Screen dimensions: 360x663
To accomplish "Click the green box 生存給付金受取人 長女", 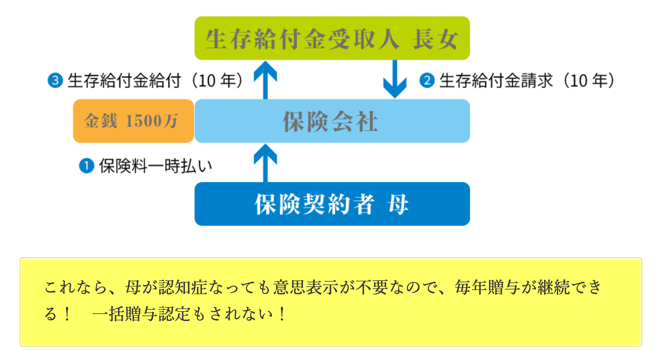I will point(332,38).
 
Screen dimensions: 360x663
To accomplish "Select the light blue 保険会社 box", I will point(332,121).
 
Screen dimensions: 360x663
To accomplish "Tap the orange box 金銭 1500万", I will point(134,121).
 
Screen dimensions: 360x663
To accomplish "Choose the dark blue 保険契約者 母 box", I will point(332,204).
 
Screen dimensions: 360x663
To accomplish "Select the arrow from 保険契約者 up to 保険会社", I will point(265,162).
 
